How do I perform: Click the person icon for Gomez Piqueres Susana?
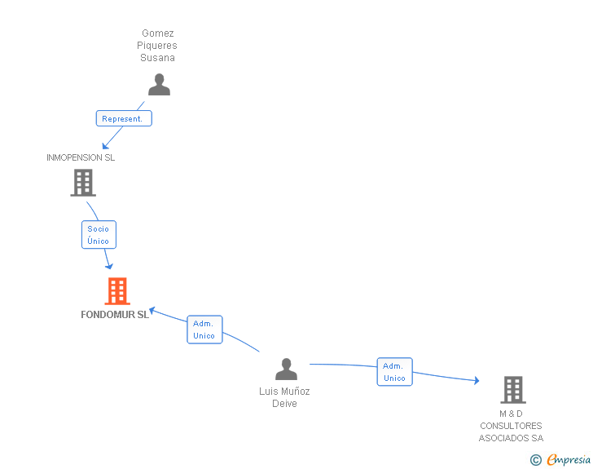[x=159, y=85]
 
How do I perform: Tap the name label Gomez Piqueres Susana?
[x=157, y=46]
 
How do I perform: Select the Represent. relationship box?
[x=124, y=118]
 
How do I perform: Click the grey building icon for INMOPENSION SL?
[x=83, y=183]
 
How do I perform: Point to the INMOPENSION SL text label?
[x=81, y=157]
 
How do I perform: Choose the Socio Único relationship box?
[x=99, y=235]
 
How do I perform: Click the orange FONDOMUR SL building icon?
[x=117, y=291]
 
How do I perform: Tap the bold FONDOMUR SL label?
[x=115, y=315]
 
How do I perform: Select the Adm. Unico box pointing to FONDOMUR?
[x=204, y=330]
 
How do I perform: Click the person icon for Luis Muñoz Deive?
[x=286, y=369]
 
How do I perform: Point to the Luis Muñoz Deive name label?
[x=284, y=397]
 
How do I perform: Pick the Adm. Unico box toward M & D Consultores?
[x=394, y=372]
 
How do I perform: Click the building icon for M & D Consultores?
[x=512, y=390]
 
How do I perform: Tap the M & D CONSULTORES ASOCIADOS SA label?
[x=511, y=426]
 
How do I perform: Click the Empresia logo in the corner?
[x=569, y=459]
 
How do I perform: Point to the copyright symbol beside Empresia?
[x=535, y=460]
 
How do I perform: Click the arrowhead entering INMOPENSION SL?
[x=104, y=146]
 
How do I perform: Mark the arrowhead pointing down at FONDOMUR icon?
[x=109, y=266]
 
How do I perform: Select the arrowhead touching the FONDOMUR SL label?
[x=152, y=309]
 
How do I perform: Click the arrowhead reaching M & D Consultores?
[x=476, y=381]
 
